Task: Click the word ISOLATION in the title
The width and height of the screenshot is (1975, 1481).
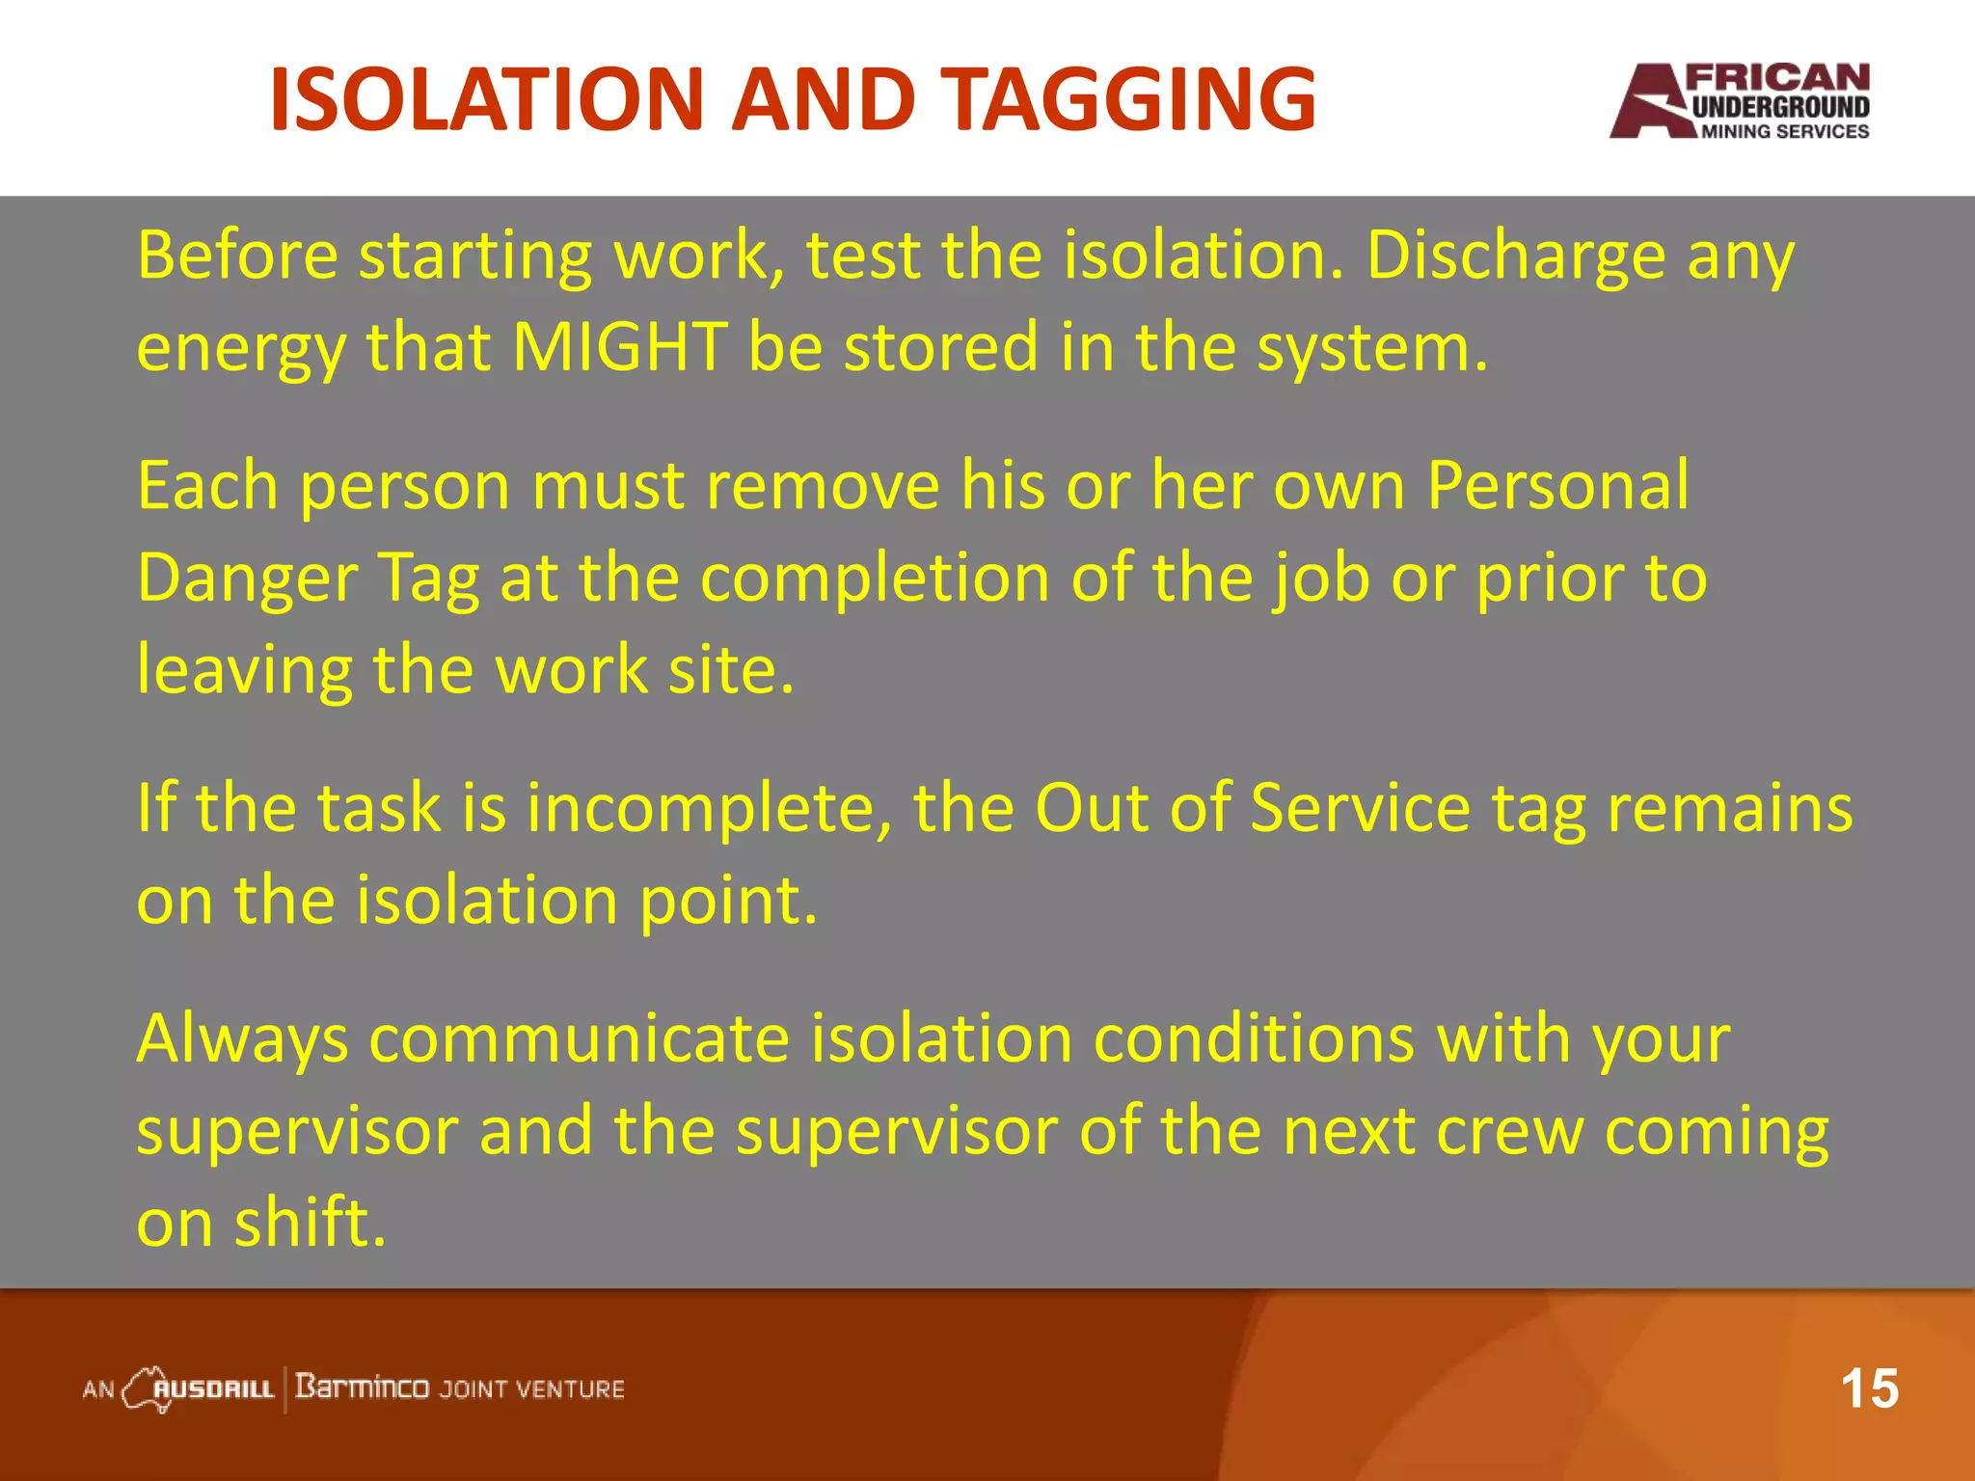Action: [487, 99]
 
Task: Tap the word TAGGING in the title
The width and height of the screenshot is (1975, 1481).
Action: [1127, 99]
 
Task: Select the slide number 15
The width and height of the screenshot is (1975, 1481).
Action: [1868, 1389]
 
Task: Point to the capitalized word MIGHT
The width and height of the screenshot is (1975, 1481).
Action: [619, 346]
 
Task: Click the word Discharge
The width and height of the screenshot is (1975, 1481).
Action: [1515, 256]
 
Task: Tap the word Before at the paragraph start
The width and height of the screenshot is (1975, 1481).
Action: [237, 256]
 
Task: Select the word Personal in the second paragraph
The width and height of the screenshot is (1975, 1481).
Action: [1557, 485]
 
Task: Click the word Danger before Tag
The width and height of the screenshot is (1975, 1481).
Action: [247, 578]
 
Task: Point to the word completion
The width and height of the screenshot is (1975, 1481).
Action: [874, 578]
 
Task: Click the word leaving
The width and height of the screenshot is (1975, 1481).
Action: [245, 670]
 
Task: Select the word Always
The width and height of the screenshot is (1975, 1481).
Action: [242, 1039]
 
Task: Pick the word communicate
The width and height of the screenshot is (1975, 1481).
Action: [579, 1039]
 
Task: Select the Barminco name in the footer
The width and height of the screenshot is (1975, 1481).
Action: [362, 1387]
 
